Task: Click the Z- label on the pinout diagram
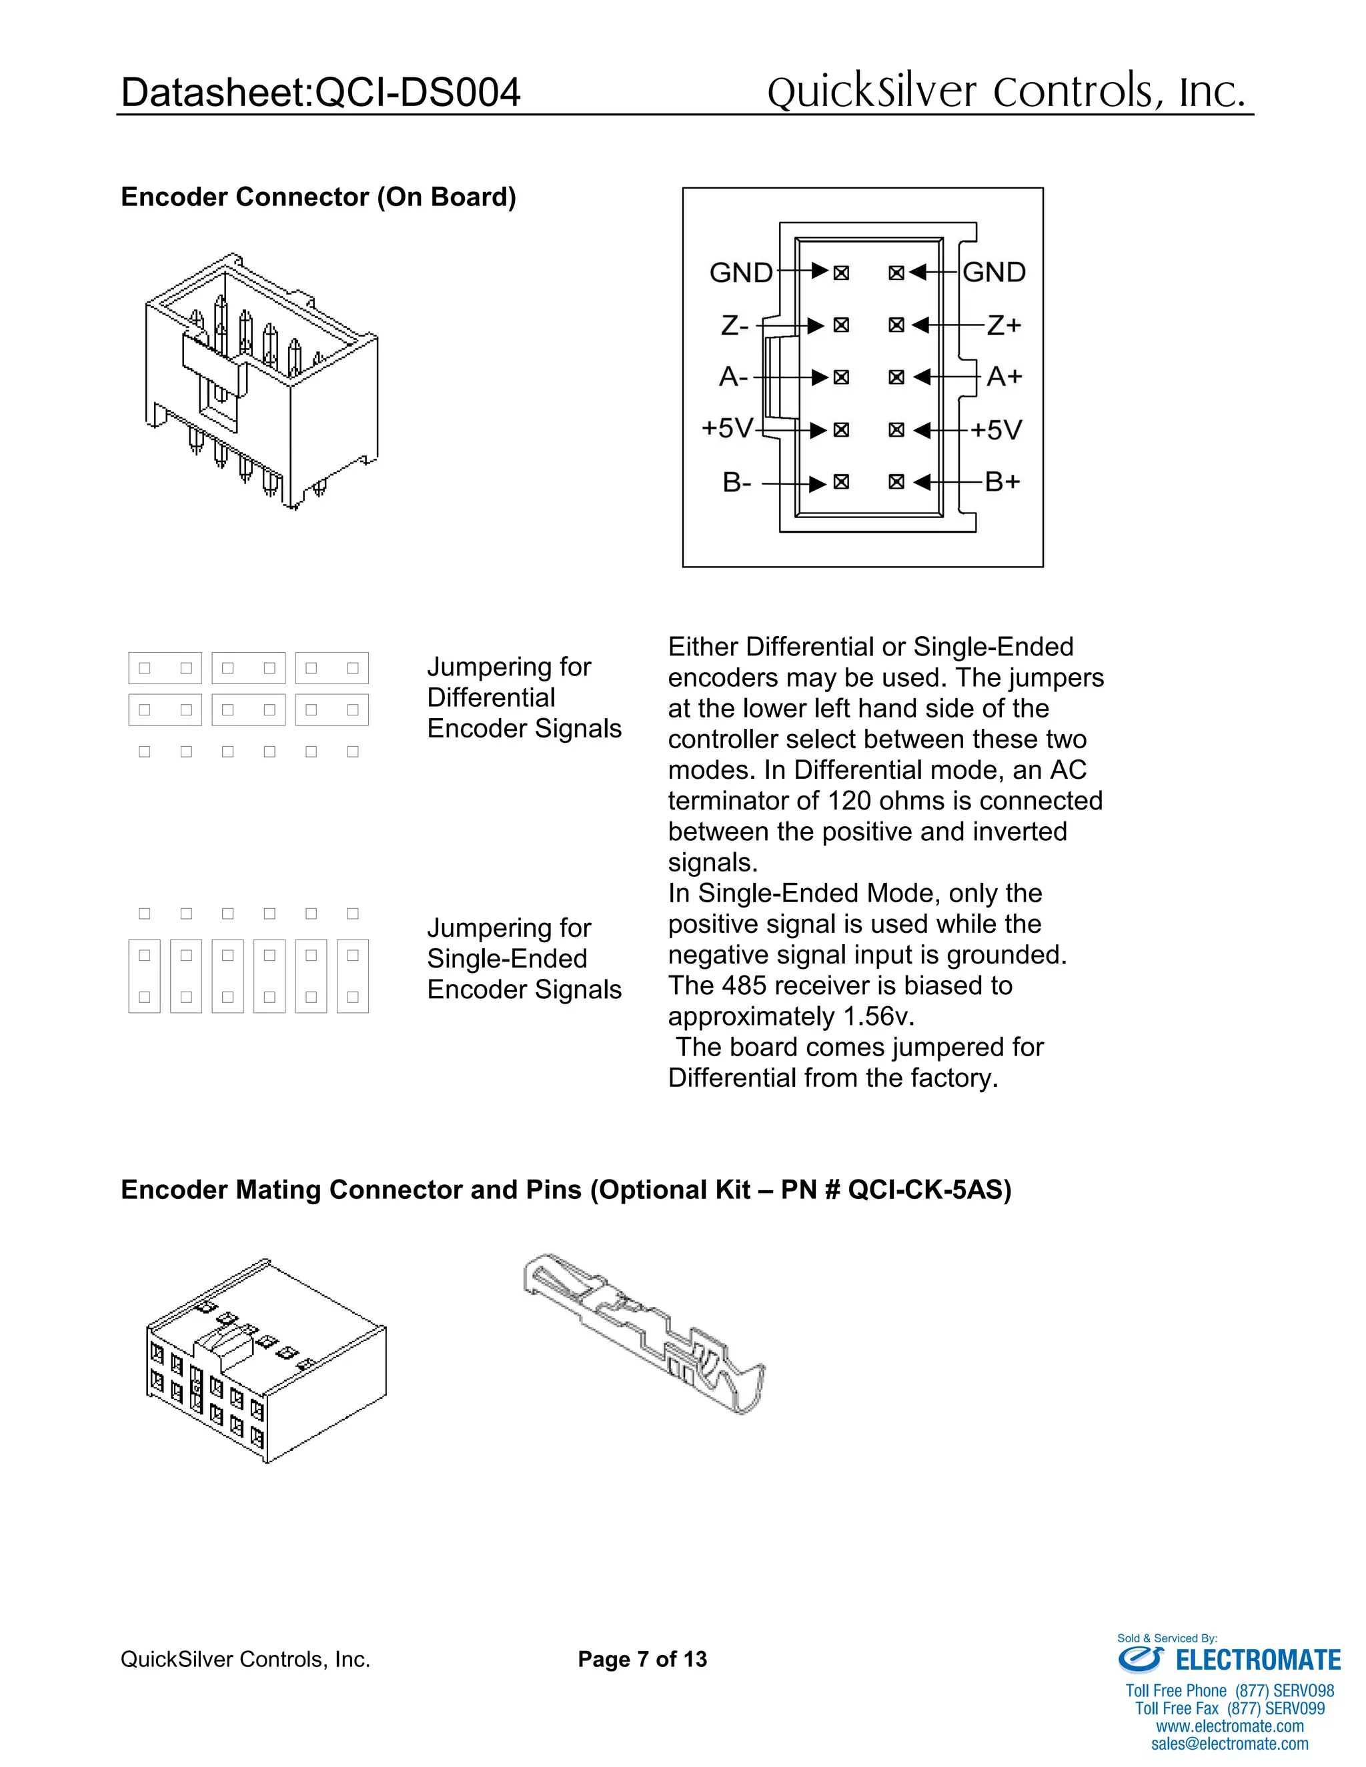(x=734, y=325)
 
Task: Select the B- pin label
(x=736, y=482)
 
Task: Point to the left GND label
(x=740, y=273)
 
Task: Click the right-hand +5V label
(x=996, y=429)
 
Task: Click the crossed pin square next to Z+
(x=896, y=325)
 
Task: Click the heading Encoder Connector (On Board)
(x=318, y=197)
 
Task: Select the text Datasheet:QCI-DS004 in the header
(x=320, y=92)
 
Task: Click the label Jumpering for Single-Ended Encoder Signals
(x=524, y=959)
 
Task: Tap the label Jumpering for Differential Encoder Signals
(x=524, y=697)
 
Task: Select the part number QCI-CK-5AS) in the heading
(x=929, y=1190)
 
